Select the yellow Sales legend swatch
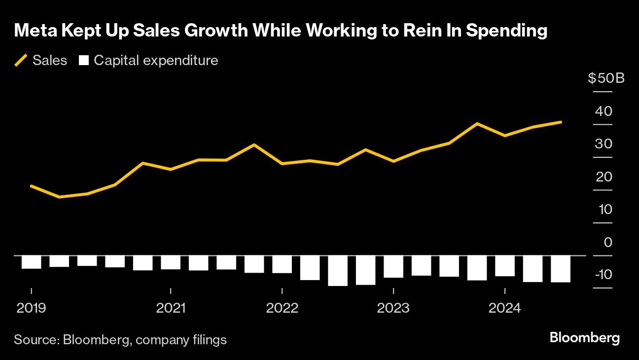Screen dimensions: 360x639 click(x=21, y=61)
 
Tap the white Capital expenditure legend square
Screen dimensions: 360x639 click(x=84, y=61)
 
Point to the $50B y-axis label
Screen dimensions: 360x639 click(x=606, y=78)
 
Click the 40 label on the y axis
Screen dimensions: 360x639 click(x=603, y=111)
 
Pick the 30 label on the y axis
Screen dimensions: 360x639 click(x=603, y=144)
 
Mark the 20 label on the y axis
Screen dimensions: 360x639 click(x=603, y=177)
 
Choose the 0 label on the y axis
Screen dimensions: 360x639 click(x=607, y=242)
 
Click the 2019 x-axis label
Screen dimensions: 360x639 click(x=31, y=308)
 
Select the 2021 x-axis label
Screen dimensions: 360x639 click(x=171, y=308)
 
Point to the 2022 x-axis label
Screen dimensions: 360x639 click(x=282, y=308)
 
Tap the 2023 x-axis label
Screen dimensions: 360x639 click(x=393, y=308)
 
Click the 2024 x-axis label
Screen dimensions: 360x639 click(x=504, y=308)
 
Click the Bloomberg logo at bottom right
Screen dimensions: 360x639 click(x=584, y=338)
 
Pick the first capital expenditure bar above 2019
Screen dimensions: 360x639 click(x=31, y=262)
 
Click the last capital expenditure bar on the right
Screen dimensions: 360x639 click(x=561, y=269)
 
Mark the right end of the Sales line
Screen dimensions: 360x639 click(x=561, y=122)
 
